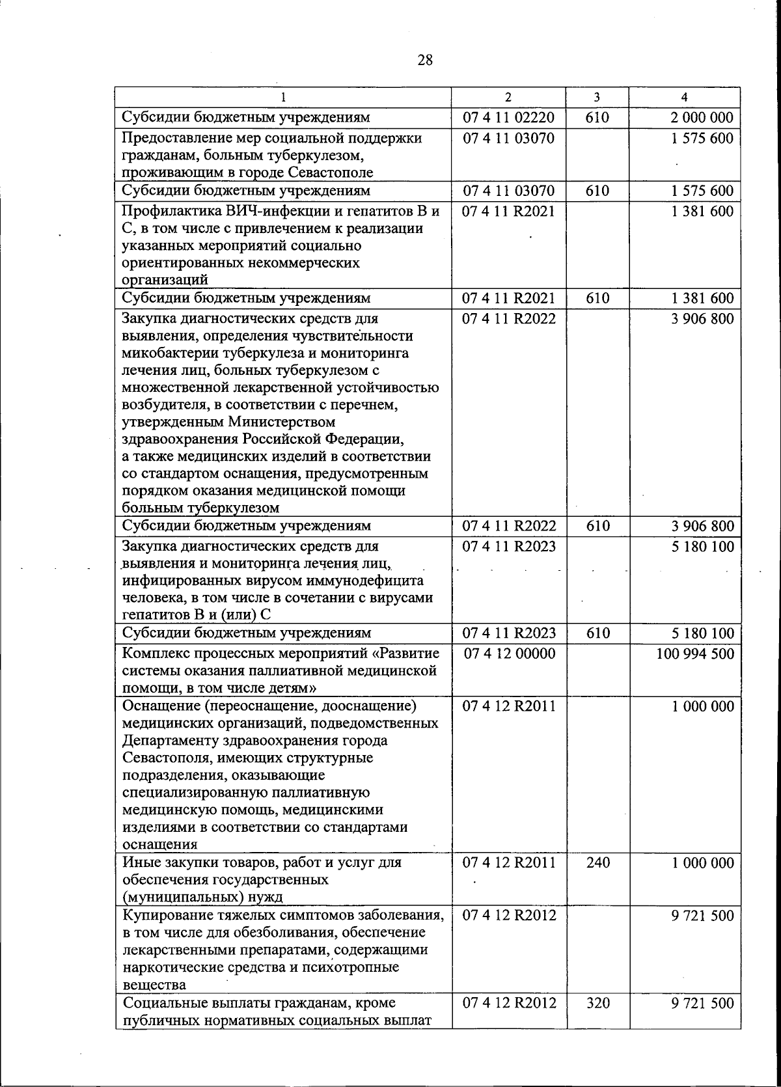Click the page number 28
pyautogui.click(x=424, y=61)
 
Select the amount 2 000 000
pyautogui.click(x=702, y=118)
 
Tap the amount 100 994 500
pyautogui.click(x=695, y=654)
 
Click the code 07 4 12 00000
pyautogui.click(x=510, y=654)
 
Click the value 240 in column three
pyautogui.click(x=597, y=863)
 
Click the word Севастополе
pyautogui.click(x=333, y=173)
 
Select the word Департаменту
pyautogui.click(x=169, y=741)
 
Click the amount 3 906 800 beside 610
pyautogui.click(x=702, y=526)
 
